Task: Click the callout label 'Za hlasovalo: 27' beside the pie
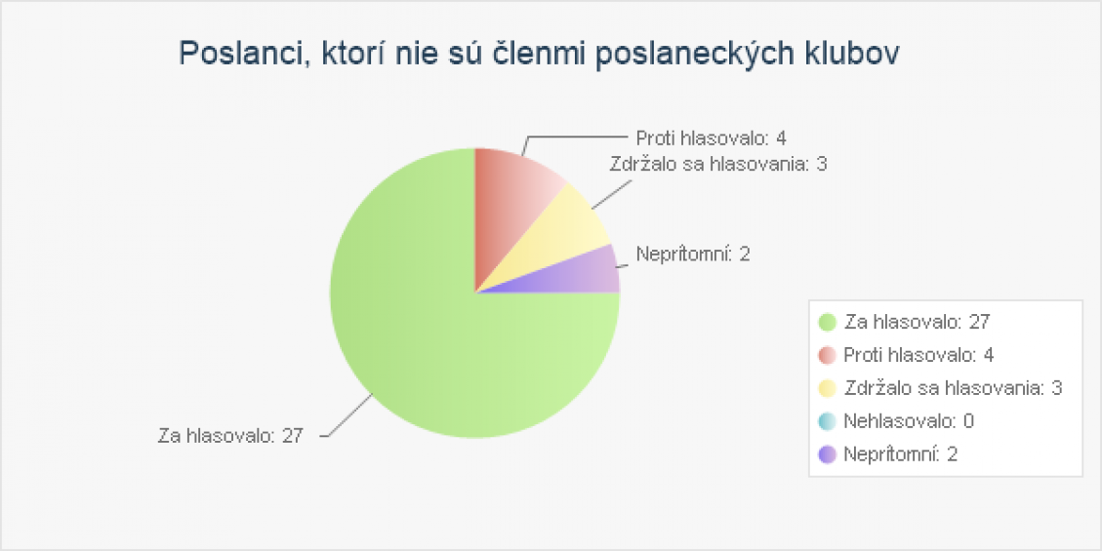pos(230,436)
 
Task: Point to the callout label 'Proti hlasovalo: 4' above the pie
pos(711,138)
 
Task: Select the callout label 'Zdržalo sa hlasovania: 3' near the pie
pos(719,164)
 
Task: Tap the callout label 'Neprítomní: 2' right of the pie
pos(693,255)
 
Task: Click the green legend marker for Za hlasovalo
pos(828,322)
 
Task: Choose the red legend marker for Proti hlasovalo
pos(828,355)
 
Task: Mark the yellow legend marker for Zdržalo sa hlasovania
pos(828,388)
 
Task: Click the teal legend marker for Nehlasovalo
pos(828,421)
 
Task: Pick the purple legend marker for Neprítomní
pos(828,454)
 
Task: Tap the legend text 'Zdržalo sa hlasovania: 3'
pos(953,388)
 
